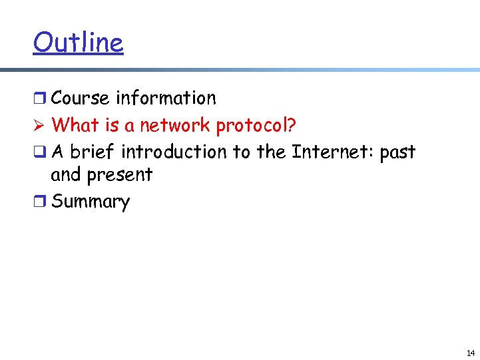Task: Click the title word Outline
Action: point(78,43)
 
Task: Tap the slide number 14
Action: point(471,353)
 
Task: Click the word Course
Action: point(80,98)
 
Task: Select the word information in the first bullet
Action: point(166,98)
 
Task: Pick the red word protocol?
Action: point(256,126)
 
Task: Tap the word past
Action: point(397,153)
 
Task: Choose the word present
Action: point(119,176)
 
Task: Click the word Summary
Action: point(90,202)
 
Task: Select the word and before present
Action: point(65,175)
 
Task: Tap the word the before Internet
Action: point(271,152)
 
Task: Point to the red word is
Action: point(112,125)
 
